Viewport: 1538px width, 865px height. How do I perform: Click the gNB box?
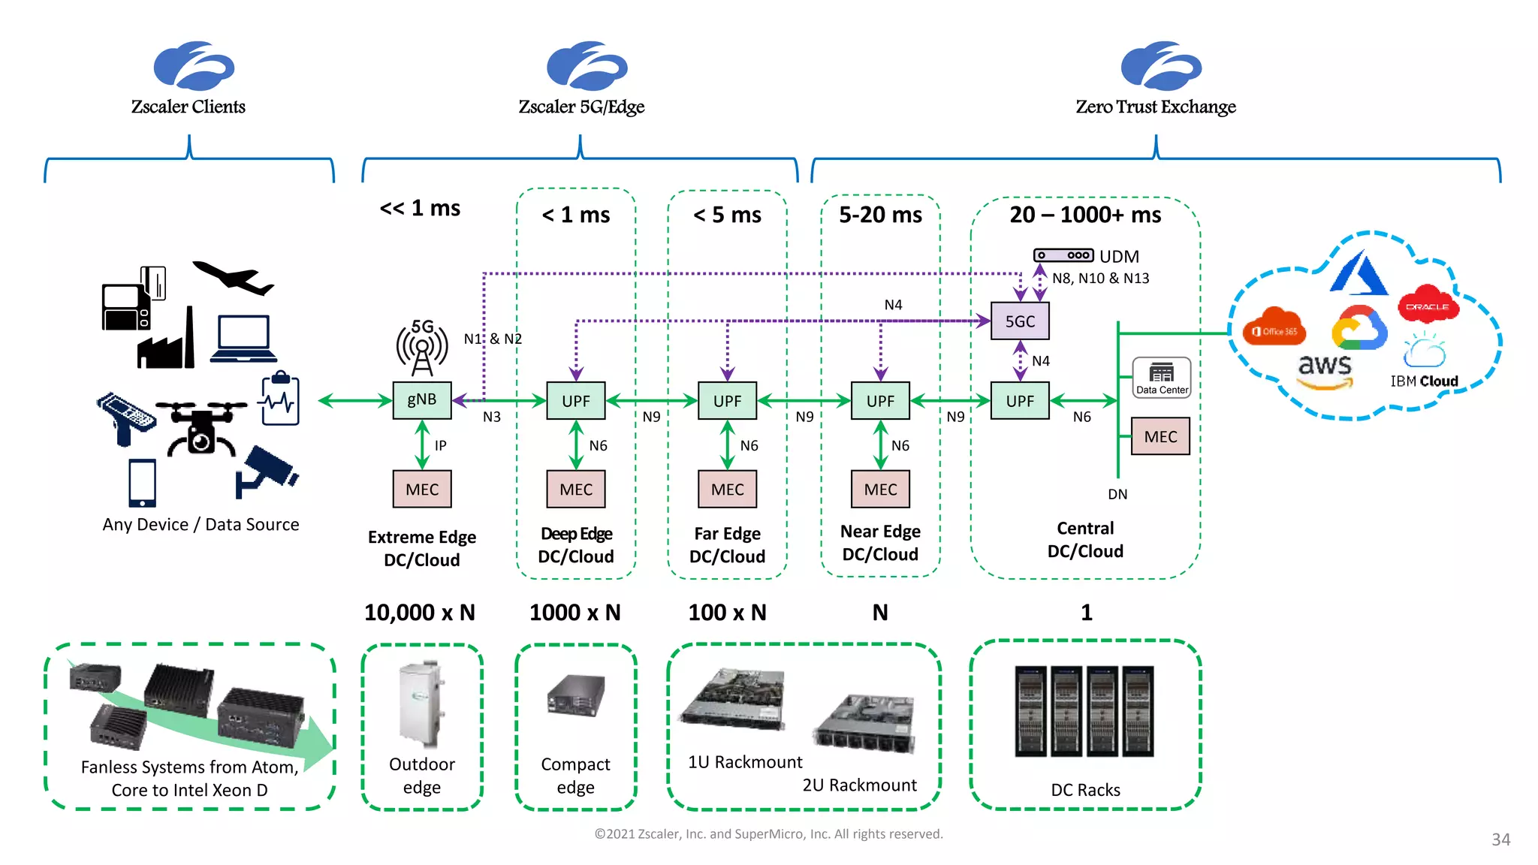[x=421, y=399]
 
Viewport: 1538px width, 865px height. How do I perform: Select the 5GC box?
[x=1019, y=321]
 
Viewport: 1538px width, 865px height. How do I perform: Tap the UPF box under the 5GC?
[x=1019, y=401]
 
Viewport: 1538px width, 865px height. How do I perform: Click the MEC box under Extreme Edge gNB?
[x=422, y=490]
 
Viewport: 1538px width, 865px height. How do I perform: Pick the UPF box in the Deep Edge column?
[x=575, y=401]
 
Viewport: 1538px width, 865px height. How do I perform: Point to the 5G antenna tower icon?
[x=422, y=347]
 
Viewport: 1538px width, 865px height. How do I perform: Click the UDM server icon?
[x=1063, y=255]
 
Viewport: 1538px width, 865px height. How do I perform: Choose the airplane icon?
[x=234, y=279]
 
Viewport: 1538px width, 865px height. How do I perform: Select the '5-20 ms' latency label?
[x=880, y=215]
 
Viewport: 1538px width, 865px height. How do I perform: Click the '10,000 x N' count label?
[x=420, y=613]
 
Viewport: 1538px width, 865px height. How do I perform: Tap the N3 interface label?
[x=491, y=417]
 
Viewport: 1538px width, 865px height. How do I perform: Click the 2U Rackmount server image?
[x=865, y=724]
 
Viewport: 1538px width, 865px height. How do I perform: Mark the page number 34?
[x=1500, y=839]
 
